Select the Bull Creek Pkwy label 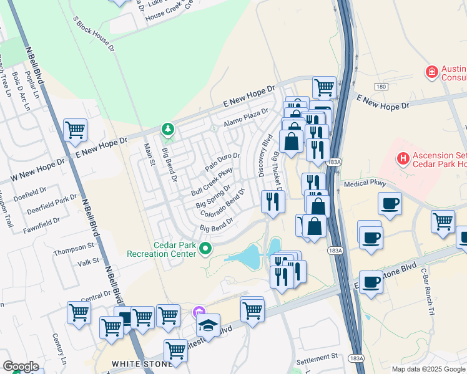point(212,180)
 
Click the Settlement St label point(317,358)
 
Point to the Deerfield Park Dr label point(52,206)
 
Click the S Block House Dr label point(94,35)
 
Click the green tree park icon point(167,129)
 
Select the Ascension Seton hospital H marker point(403,159)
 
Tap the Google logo point(21,366)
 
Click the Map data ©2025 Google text point(428,369)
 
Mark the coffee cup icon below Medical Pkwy point(390,204)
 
